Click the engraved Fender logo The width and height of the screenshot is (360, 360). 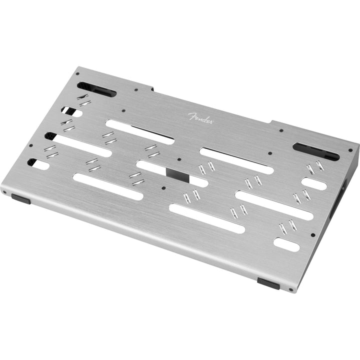200,118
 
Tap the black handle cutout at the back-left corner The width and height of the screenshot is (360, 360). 96,89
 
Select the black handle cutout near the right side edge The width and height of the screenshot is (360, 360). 315,151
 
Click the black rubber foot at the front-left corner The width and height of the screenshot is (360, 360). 20,198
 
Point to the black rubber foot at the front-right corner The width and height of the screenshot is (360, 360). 268,283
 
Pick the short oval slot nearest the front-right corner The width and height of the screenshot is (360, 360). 286,244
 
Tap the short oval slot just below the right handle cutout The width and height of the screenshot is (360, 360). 314,183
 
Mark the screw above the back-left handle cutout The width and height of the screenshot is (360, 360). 77,73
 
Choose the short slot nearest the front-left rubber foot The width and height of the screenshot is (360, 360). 39,163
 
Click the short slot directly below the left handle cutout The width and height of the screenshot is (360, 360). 72,111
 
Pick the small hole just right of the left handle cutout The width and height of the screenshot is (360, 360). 136,90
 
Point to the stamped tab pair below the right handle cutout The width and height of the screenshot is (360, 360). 315,167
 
